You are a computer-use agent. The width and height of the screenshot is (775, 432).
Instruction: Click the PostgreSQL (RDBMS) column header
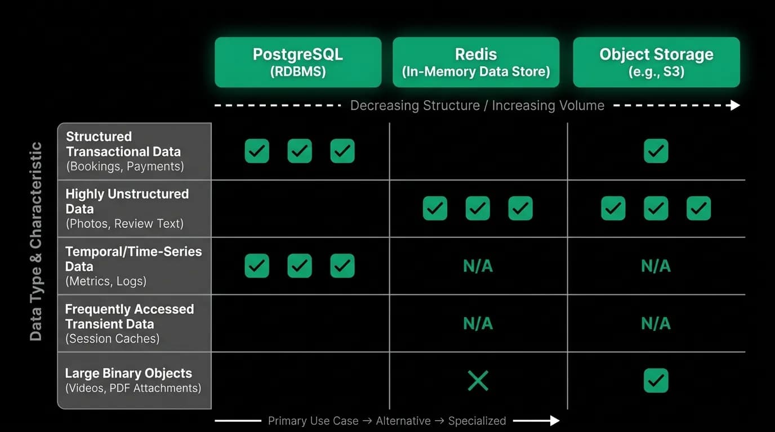coord(298,62)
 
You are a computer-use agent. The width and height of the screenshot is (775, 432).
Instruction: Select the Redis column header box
coord(476,62)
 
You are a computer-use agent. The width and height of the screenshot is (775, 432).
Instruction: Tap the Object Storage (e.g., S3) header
coord(656,62)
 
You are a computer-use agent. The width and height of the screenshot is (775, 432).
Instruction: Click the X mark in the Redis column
coord(478,380)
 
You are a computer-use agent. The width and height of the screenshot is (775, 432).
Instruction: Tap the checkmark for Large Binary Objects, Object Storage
coord(656,380)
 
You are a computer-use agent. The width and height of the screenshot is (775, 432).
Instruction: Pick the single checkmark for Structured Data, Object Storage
coord(656,151)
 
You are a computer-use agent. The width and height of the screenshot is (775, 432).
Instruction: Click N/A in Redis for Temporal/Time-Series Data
coord(478,266)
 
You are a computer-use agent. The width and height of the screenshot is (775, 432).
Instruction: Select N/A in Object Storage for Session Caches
coord(656,323)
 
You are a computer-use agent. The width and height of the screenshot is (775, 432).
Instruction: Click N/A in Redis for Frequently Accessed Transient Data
coord(478,323)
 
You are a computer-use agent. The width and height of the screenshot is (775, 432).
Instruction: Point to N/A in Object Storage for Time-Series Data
coord(656,266)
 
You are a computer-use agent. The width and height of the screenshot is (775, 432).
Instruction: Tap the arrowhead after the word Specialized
coord(555,421)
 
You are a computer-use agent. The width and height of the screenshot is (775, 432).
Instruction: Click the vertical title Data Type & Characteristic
coord(35,241)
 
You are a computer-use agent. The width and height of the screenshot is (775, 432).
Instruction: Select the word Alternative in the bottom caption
coord(403,421)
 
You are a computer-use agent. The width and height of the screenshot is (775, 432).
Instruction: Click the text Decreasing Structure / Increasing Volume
coord(477,105)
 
